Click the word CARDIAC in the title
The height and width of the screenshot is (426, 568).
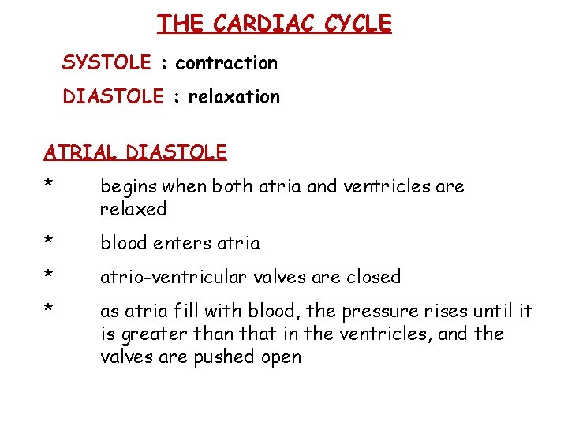coord(253,24)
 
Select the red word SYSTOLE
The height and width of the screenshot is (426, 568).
coord(106,62)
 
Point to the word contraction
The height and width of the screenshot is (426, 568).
coord(226,62)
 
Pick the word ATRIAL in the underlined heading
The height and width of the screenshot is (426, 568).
coord(81,151)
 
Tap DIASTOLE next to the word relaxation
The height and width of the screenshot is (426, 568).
coord(113,96)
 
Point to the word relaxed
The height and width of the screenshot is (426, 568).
coord(133,209)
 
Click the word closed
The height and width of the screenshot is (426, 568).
coord(375,277)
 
